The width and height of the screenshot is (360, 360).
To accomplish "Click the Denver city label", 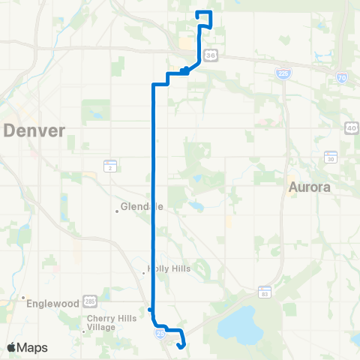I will point(35,130).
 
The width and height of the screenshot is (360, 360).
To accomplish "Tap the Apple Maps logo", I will point(27,347).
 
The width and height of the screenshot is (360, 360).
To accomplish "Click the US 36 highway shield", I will point(211,55).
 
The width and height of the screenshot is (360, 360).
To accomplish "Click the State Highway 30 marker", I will point(331,157).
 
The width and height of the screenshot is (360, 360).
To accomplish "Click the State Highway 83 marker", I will point(264,290).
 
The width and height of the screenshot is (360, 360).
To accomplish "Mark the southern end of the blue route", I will point(180,346).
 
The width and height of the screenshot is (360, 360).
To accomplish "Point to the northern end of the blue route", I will point(196,13).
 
